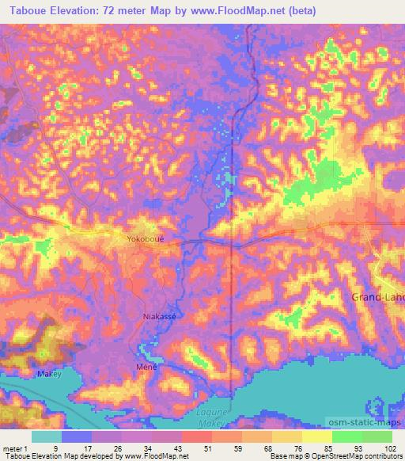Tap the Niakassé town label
pyautogui.click(x=159, y=317)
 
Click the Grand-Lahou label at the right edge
pyautogui.click(x=377, y=296)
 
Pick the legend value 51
pyautogui.click(x=186, y=448)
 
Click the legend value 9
pyautogui.click(x=55, y=448)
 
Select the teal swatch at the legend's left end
pyautogui.click(x=46, y=436)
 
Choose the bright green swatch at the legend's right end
pyautogui.click(x=377, y=436)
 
